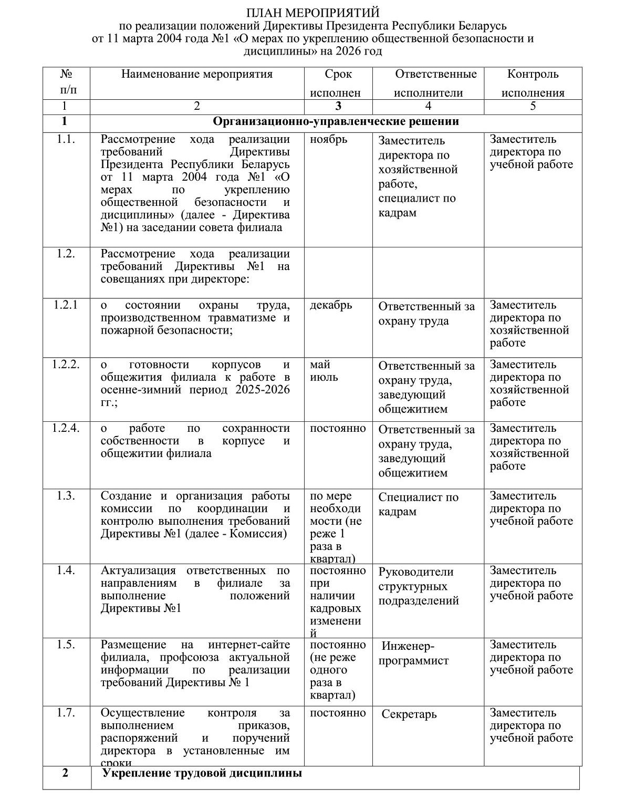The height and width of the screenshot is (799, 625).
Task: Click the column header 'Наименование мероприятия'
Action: tap(197, 74)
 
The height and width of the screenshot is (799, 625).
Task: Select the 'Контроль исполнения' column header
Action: tap(533, 84)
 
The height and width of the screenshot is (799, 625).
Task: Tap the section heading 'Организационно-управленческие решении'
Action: tap(336, 122)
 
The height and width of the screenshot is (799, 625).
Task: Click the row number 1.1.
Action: tap(66, 139)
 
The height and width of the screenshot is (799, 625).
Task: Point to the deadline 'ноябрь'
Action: tap(328, 140)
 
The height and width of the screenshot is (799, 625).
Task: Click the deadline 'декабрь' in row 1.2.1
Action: tap(331, 305)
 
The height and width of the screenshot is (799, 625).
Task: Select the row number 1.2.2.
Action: tap(66, 365)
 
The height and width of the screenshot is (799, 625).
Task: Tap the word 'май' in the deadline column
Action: tap(320, 365)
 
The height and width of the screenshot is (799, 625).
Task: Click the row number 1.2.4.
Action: tap(66, 428)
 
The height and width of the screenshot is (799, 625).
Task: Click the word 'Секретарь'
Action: tap(409, 714)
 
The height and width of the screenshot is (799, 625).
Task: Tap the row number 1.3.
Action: tap(66, 496)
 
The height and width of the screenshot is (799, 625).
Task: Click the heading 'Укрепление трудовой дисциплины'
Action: tap(202, 773)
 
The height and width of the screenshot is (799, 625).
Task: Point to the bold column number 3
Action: tap(338, 106)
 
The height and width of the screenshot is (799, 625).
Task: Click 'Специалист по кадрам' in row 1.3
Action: tap(418, 504)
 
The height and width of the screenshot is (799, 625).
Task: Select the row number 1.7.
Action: tap(66, 713)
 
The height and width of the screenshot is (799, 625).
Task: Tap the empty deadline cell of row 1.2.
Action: tap(338, 272)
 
